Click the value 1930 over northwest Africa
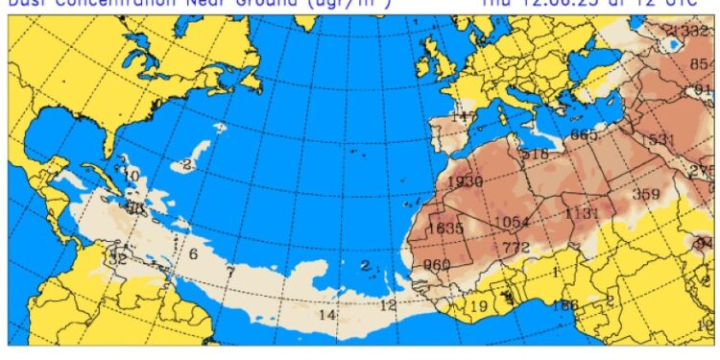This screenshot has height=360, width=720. tap(465, 182)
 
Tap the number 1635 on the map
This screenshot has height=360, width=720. tap(445, 228)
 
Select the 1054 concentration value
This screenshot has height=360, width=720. tap(512, 223)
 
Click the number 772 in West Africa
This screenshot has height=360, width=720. tap(516, 249)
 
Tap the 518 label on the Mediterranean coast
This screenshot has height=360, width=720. tap(535, 154)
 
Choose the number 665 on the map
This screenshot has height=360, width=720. tap(584, 134)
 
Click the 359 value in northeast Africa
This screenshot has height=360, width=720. tap(646, 194)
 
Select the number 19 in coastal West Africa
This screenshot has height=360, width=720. tap(478, 307)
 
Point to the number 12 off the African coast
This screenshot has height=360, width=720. tap(388, 305)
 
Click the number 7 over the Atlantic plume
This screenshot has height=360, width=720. tap(229, 273)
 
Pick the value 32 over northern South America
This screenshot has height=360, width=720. tap(117, 258)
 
